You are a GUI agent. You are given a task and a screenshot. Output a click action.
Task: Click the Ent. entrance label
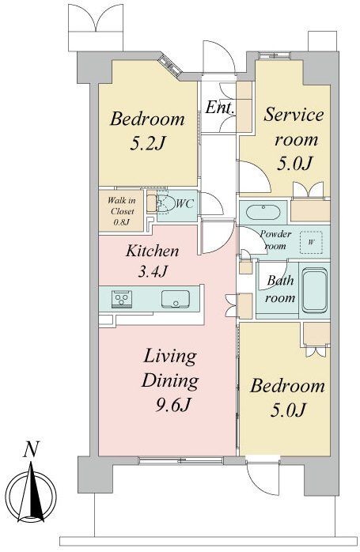pos(220,107)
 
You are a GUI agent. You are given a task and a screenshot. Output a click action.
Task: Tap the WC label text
pos(184,203)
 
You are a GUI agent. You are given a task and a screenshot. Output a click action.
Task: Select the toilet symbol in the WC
pos(163,204)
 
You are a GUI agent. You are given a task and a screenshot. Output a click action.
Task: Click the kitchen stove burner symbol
pos(122,299)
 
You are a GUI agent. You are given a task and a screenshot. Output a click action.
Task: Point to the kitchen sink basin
pos(176,299)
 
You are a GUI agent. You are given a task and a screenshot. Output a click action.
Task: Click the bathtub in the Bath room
pos(315,290)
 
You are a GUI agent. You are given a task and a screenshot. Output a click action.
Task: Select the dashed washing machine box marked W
pos(311,242)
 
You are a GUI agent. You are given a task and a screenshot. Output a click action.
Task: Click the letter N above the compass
pos(31,449)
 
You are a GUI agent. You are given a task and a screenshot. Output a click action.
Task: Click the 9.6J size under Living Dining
pos(173,406)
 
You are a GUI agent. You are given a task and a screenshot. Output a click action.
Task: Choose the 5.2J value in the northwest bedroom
pos(148,143)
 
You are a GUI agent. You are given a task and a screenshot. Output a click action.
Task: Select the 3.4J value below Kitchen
pos(153,271)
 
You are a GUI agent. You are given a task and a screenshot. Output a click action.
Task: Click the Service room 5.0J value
pos(295,164)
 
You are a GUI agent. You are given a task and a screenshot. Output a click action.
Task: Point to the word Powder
pos(276,234)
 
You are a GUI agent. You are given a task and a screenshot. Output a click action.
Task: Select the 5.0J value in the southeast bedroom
pos(287,410)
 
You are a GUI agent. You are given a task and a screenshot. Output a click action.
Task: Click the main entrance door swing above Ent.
pos(218,57)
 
